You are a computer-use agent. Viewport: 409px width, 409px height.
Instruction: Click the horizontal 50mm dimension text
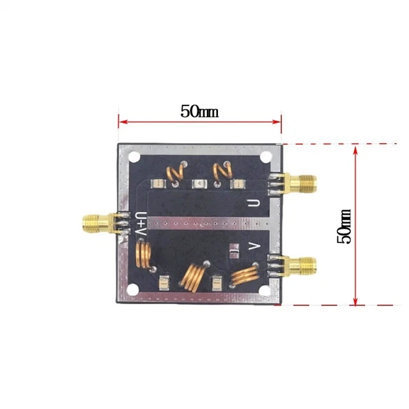point(199,111)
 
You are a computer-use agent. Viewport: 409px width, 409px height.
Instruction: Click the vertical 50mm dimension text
point(344,226)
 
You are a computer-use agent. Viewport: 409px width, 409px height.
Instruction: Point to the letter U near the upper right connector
point(254,204)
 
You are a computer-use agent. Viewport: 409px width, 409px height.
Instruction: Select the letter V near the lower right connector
point(253,245)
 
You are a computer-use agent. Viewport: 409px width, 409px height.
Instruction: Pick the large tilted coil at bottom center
point(192,276)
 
